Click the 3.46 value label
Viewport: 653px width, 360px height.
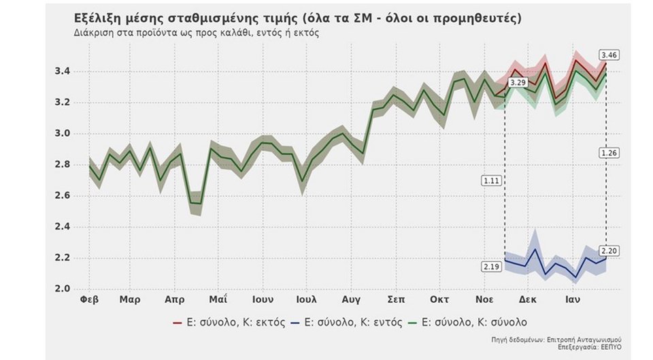point(609,54)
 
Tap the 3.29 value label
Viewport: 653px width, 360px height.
point(518,82)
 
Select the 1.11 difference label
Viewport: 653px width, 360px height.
point(491,180)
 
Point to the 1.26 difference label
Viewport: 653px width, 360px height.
point(609,153)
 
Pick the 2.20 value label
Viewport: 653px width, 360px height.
point(609,250)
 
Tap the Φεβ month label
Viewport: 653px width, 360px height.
point(90,299)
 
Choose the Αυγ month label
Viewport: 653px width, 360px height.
point(351,299)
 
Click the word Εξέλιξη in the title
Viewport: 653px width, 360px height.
point(98,18)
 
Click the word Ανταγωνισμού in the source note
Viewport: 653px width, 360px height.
point(596,338)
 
